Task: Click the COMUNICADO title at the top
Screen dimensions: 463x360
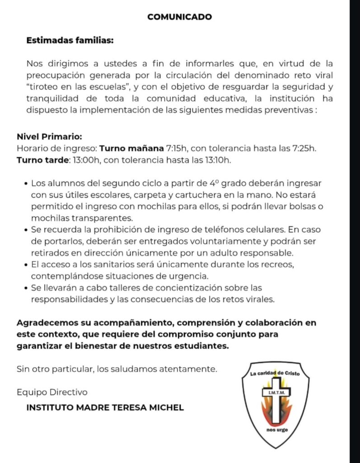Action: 179,17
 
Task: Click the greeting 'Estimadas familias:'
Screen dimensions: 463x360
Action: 70,40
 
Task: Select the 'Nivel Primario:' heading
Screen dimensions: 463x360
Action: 49,137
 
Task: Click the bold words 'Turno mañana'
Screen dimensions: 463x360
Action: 131,148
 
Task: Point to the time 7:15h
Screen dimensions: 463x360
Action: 178,148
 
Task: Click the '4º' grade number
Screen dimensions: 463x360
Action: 214,184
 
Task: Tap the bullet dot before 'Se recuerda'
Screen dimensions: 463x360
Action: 25,230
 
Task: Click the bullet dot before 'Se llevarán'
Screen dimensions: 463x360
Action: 25,288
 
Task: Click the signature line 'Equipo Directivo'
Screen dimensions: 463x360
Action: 52,392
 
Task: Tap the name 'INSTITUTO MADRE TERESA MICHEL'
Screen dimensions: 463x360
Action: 105,407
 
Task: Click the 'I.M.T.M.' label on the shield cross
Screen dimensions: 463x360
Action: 275,392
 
